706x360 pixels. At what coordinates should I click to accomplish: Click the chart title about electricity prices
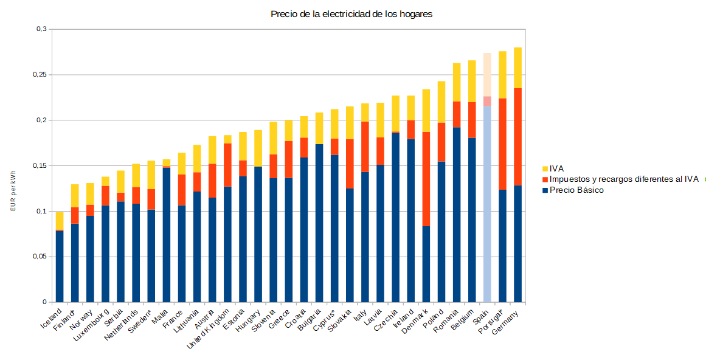coord(351,14)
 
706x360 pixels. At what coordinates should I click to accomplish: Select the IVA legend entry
coord(557,168)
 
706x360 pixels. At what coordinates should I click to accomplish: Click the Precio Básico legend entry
coord(576,190)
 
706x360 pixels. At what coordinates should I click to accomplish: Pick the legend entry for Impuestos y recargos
coord(623,179)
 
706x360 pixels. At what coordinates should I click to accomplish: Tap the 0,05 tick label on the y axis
coord(40,257)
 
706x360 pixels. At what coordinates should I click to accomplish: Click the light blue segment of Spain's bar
coord(487,204)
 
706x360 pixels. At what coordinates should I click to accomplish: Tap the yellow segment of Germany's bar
coord(517,67)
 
